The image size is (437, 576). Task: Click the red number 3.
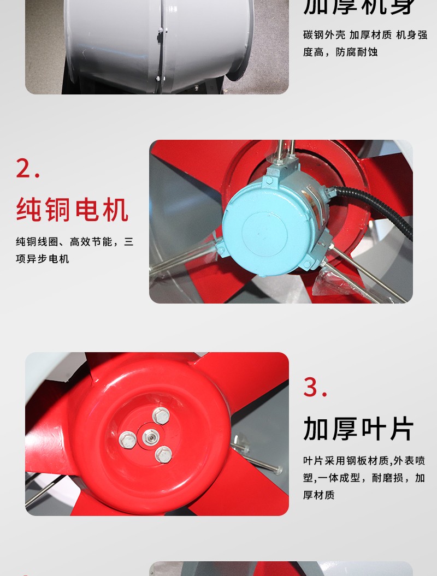[315, 387]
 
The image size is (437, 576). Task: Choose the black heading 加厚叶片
[359, 429]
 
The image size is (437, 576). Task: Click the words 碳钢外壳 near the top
[324, 35]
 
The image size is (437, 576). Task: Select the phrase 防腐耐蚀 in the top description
[357, 52]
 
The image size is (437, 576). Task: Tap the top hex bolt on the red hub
[161, 415]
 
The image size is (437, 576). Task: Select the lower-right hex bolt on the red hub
[163, 453]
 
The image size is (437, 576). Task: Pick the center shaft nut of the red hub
[150, 437]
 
